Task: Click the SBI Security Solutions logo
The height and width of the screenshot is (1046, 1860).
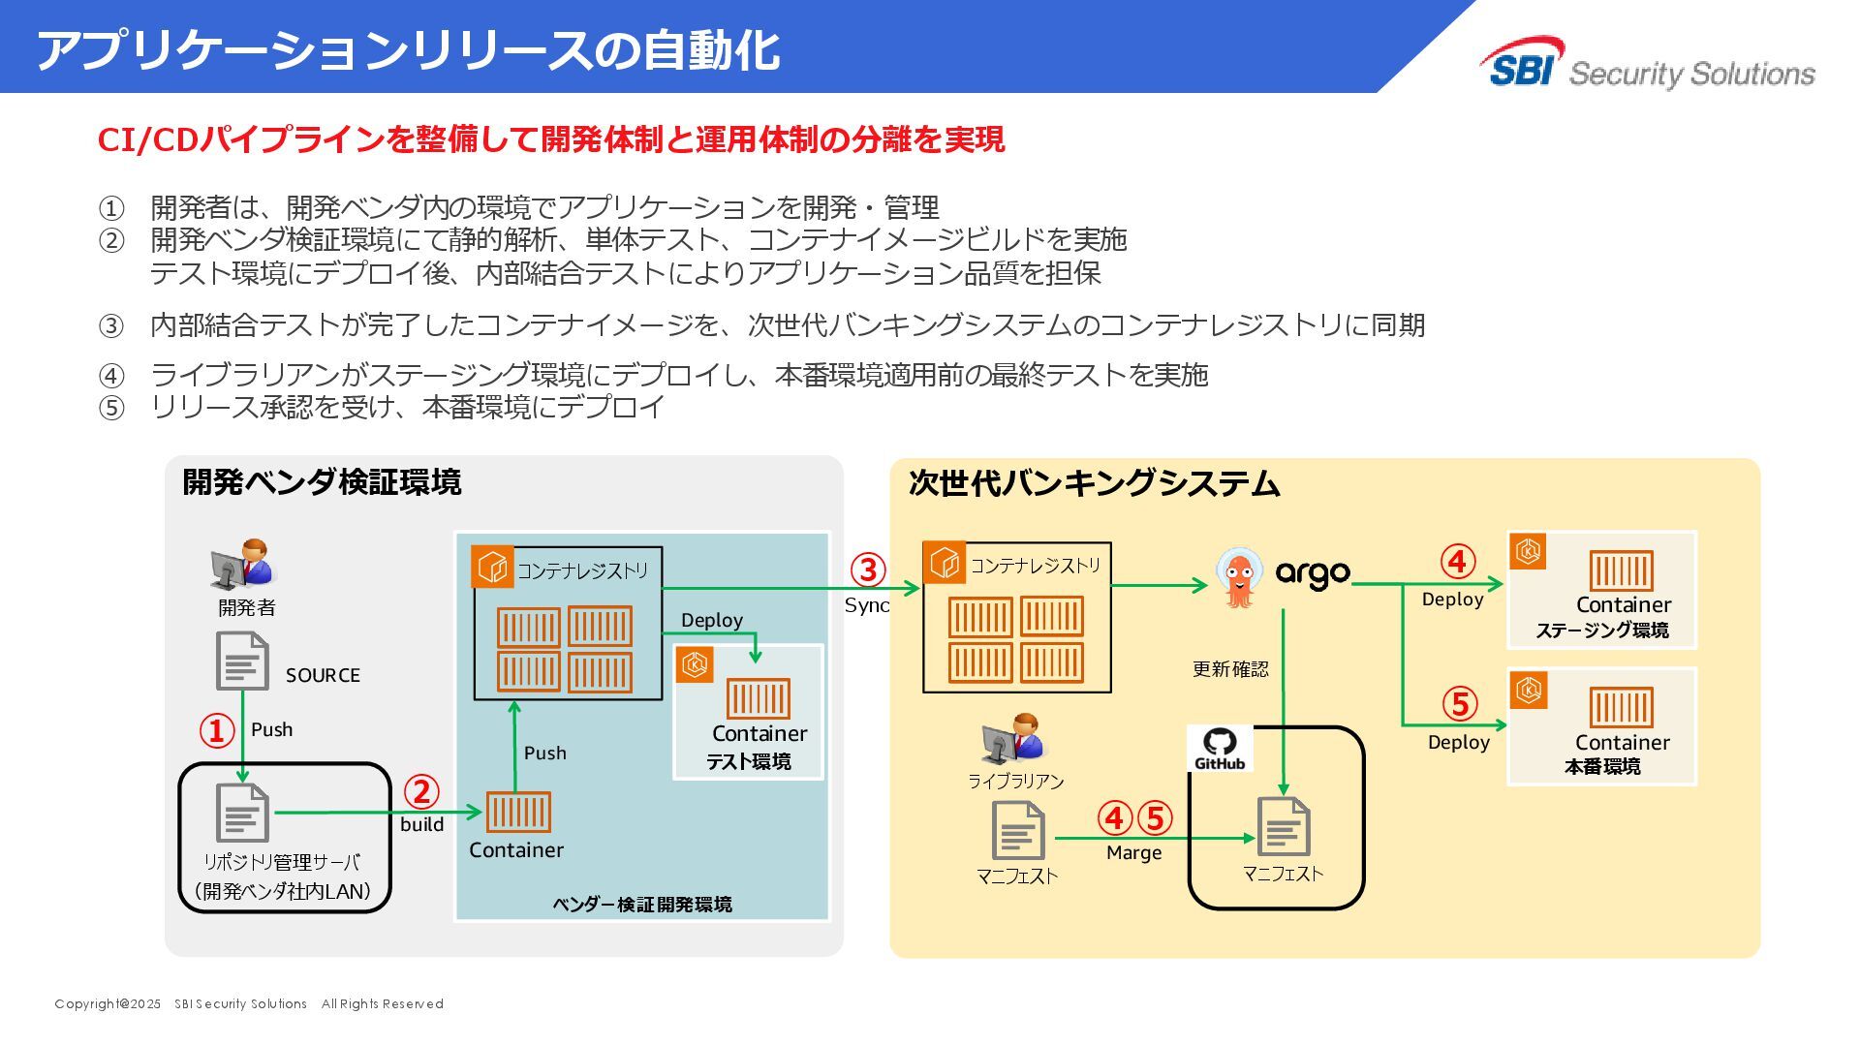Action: tap(1647, 66)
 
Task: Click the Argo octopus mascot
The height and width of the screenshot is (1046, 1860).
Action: tap(1239, 577)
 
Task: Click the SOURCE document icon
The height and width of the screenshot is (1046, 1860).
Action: tap(241, 661)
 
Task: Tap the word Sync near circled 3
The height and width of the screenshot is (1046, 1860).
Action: tap(866, 605)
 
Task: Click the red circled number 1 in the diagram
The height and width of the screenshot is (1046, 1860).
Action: tap(216, 730)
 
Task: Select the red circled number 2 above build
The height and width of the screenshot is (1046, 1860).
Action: tap(420, 791)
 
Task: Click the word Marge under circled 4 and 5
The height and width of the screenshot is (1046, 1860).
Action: tap(1133, 852)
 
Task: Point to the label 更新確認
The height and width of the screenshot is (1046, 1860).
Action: tap(1229, 669)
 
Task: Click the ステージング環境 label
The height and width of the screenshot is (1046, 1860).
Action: tap(1601, 631)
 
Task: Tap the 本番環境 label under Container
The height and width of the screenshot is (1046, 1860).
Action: tap(1602, 767)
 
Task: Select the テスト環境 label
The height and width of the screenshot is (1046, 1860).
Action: tap(748, 762)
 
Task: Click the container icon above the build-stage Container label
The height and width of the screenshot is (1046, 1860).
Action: tap(518, 813)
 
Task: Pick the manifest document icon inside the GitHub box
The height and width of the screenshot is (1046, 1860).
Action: tap(1284, 826)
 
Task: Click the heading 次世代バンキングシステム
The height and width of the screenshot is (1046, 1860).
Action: tap(1094, 483)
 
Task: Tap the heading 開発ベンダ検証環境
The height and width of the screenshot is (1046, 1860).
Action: tap(322, 481)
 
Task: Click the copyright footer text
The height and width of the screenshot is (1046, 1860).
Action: tap(249, 1003)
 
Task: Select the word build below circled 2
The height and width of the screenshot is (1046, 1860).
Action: tap(422, 824)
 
